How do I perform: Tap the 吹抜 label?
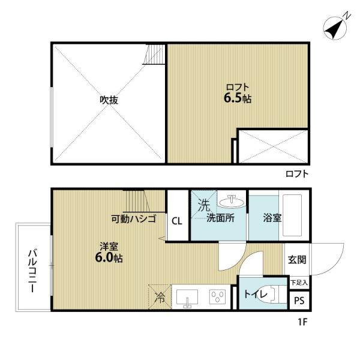pyautogui.click(x=108, y=100)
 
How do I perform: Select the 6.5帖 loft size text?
pyautogui.click(x=238, y=98)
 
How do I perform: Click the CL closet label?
pyautogui.click(x=177, y=220)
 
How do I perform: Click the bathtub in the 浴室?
pyautogui.click(x=295, y=214)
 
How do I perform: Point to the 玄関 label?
pyautogui.click(x=296, y=260)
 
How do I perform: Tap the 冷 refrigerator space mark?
pyautogui.click(x=160, y=295)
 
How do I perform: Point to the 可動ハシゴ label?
pyautogui.click(x=133, y=219)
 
